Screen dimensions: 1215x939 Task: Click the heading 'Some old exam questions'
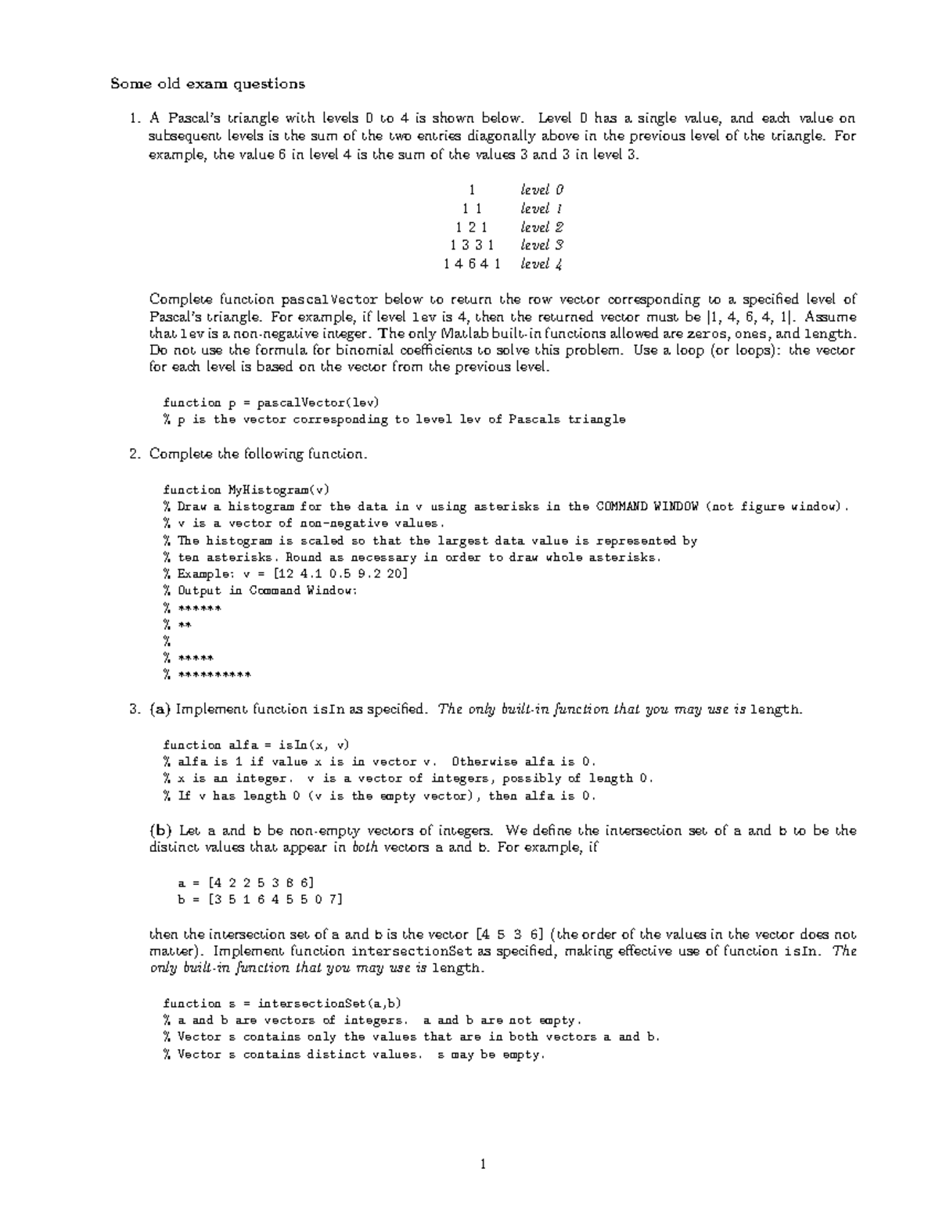coord(207,84)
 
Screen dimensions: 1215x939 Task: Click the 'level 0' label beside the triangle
coord(541,190)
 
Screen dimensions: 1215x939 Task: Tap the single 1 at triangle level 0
coord(472,190)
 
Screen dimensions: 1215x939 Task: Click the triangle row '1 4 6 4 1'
coord(472,264)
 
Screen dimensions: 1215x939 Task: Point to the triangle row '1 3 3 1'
coord(472,246)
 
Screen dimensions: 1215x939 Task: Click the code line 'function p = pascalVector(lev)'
coord(271,403)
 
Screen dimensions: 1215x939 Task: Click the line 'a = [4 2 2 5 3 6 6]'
coord(247,882)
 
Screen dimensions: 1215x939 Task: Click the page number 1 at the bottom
coord(483,1165)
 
